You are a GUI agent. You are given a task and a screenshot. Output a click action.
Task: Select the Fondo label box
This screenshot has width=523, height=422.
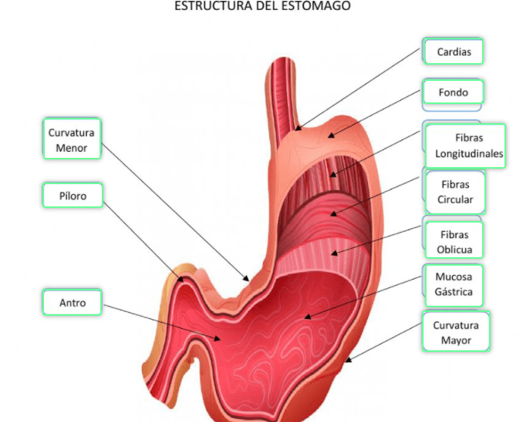(453, 93)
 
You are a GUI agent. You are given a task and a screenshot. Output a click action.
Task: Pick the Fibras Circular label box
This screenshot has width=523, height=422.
(455, 193)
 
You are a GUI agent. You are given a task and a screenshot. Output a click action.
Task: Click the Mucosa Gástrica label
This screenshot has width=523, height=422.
(454, 284)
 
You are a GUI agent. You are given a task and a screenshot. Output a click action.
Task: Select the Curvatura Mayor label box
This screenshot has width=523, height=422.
(456, 332)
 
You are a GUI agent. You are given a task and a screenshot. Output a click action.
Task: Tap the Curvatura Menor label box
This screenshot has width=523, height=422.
(72, 139)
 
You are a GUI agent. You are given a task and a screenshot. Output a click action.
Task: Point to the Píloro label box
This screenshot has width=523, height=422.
(73, 196)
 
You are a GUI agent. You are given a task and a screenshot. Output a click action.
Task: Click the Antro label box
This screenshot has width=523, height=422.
(73, 303)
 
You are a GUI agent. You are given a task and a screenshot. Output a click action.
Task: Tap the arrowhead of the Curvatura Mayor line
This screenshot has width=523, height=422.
(346, 360)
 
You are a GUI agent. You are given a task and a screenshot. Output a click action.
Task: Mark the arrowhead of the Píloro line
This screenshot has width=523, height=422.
(184, 280)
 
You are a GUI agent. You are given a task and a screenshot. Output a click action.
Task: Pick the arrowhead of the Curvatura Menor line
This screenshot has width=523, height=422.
(248, 280)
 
